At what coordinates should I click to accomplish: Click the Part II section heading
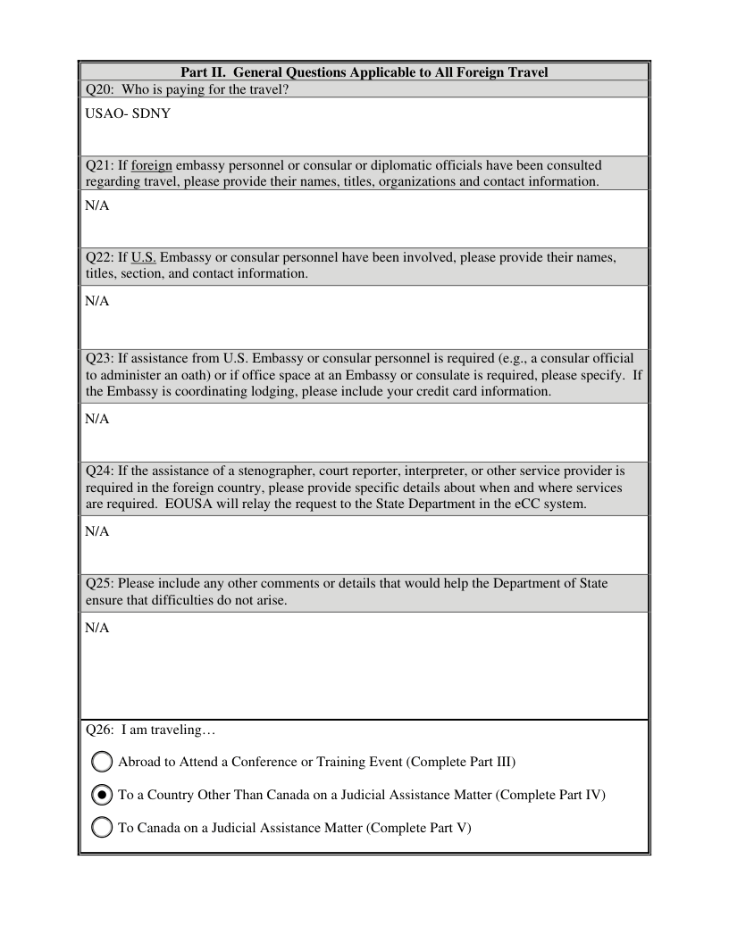364,72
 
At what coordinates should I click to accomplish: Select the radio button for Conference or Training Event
103,762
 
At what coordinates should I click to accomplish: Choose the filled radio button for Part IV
103,795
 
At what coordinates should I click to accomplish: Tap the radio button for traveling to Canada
103,828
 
